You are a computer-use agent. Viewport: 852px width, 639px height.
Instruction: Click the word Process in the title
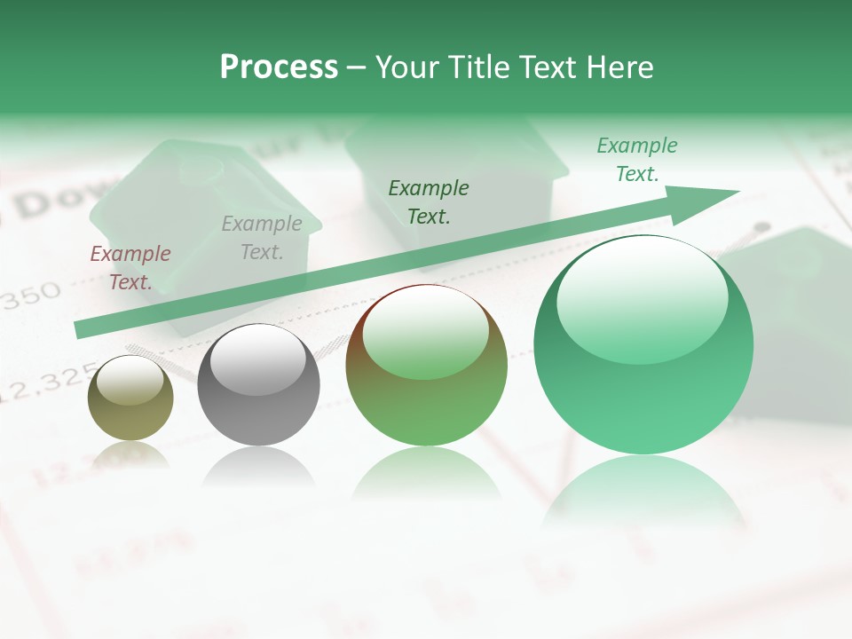point(279,67)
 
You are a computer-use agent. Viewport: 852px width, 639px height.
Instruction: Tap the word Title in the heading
point(477,67)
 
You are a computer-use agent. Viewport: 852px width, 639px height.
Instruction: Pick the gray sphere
point(258,385)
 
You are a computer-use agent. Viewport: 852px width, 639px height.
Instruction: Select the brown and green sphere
point(426,366)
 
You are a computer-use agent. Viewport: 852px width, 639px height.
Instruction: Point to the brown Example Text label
point(130,268)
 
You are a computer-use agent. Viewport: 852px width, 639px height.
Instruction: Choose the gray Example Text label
point(262,238)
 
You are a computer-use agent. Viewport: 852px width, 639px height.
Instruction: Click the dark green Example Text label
point(429,201)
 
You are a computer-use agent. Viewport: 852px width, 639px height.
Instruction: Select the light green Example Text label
point(636,160)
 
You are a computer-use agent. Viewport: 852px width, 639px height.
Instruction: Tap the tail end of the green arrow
point(82,329)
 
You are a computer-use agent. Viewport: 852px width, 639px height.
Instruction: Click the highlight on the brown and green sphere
point(426,333)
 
